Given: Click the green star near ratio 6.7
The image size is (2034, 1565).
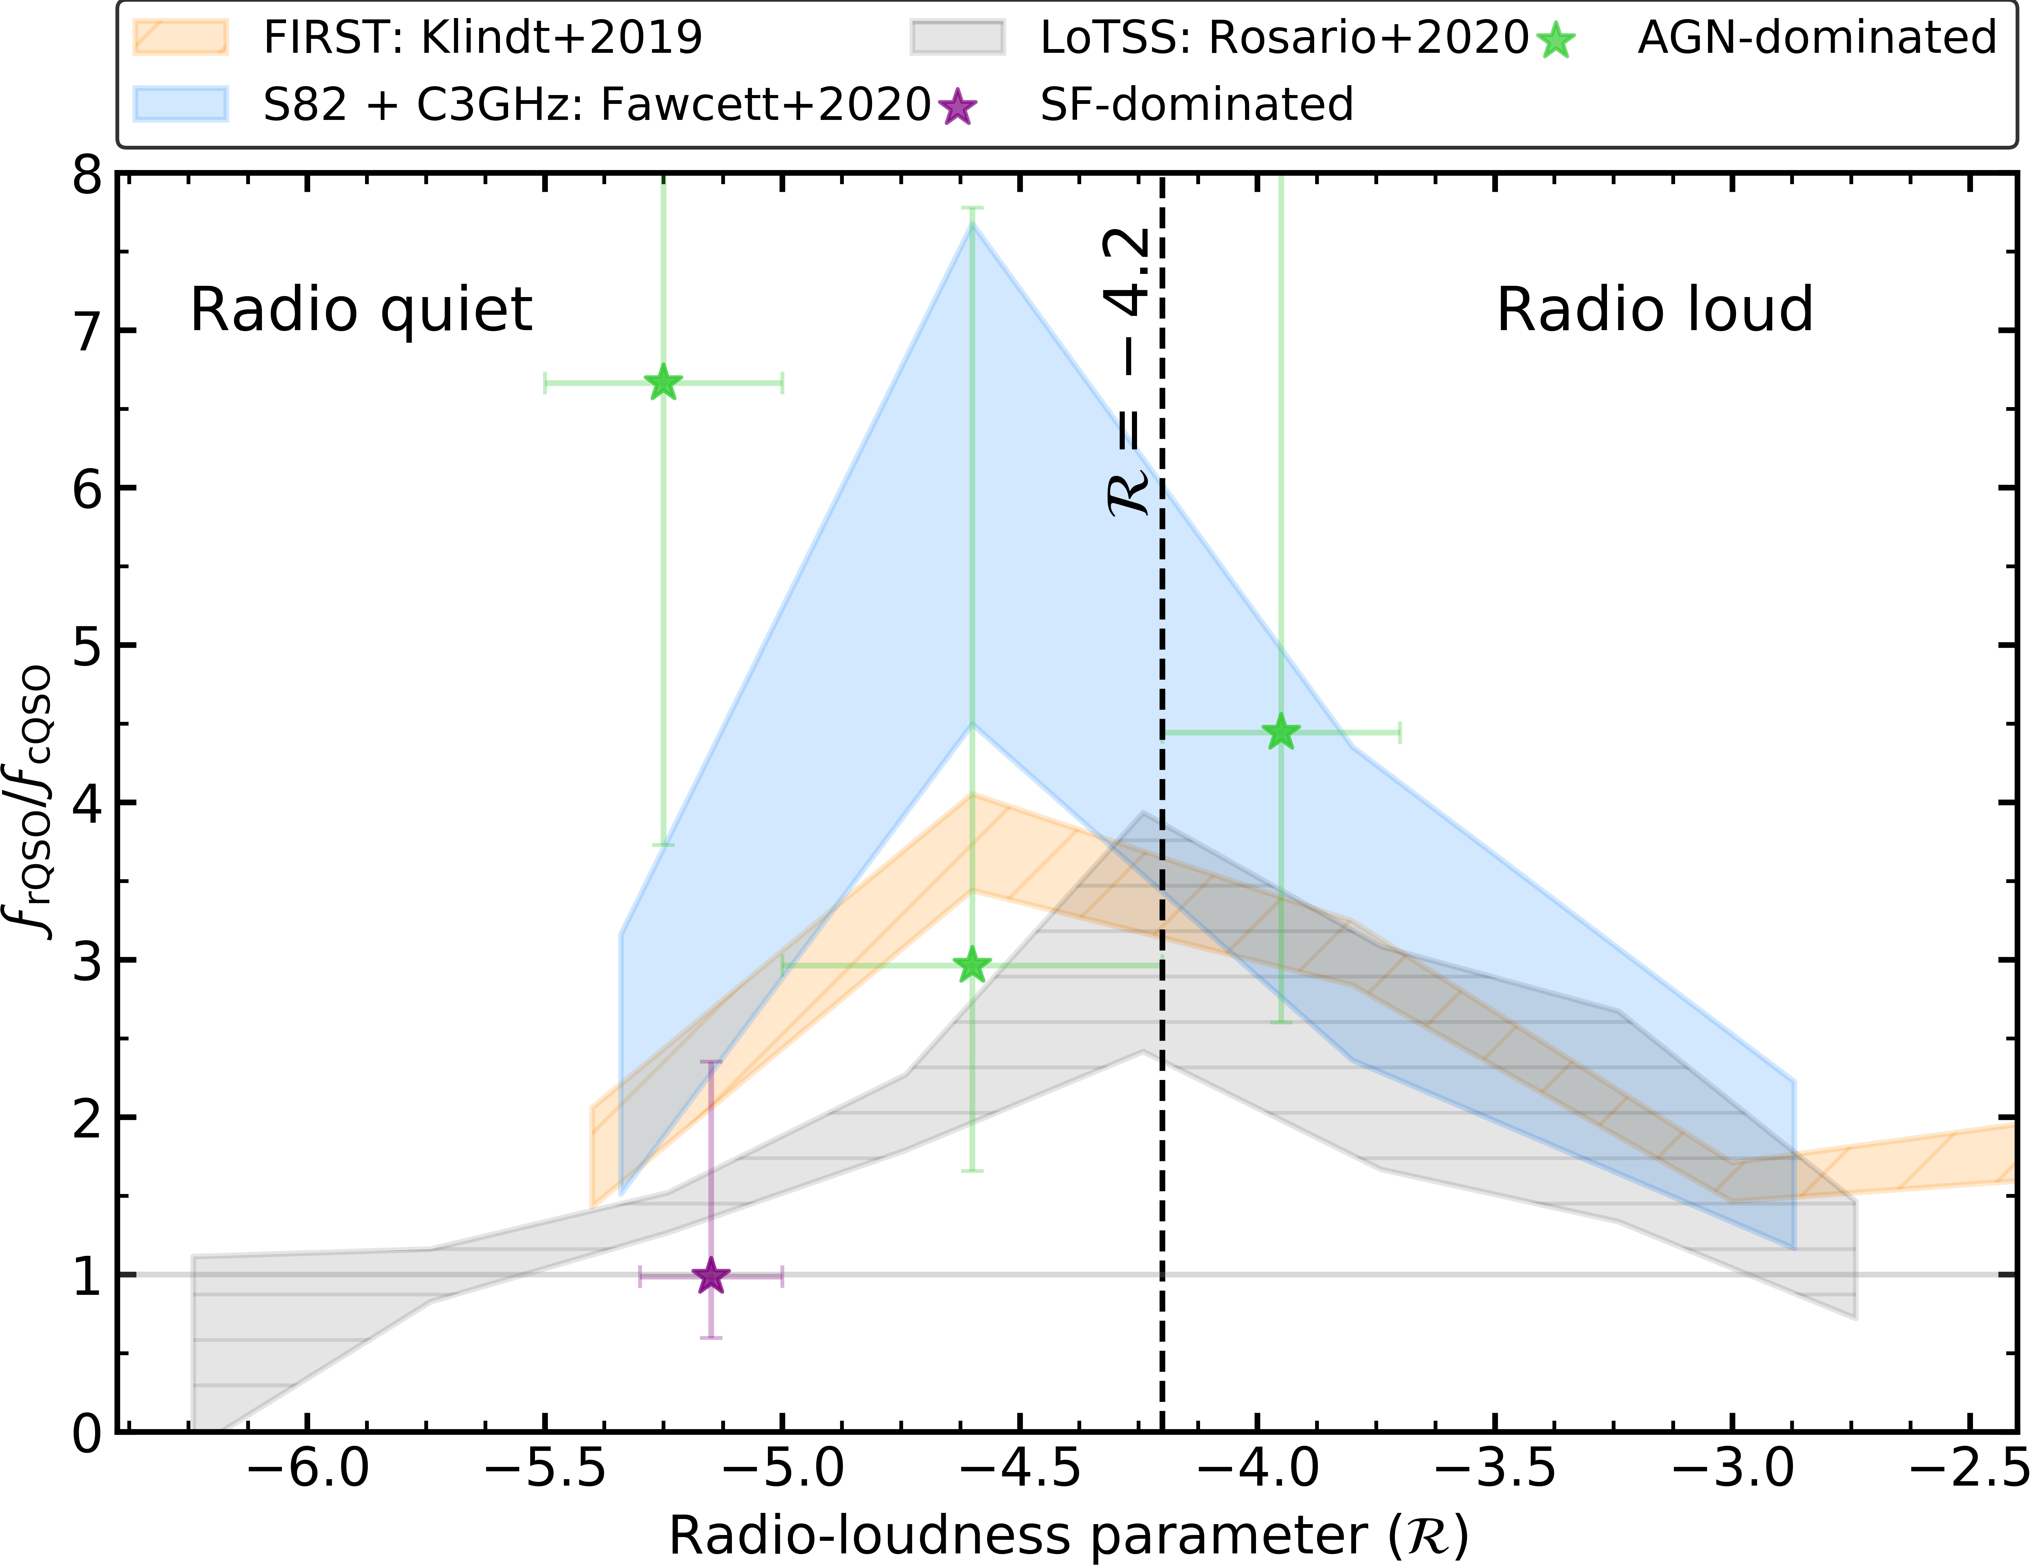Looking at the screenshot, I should [x=663, y=383].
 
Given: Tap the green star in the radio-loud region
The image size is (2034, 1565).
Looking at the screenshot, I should [x=1281, y=732].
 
